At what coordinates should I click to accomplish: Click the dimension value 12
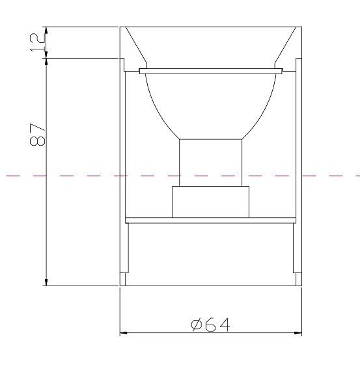38,43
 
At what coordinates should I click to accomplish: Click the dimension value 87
37,135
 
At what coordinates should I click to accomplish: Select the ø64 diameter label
211,325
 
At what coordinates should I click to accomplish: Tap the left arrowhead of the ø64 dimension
123,333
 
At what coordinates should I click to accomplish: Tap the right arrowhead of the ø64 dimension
298,333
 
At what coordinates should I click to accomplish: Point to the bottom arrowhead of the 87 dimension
46,282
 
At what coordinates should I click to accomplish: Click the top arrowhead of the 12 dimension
46,31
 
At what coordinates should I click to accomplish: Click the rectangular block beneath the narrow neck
210,202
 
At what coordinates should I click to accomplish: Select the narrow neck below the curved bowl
210,163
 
